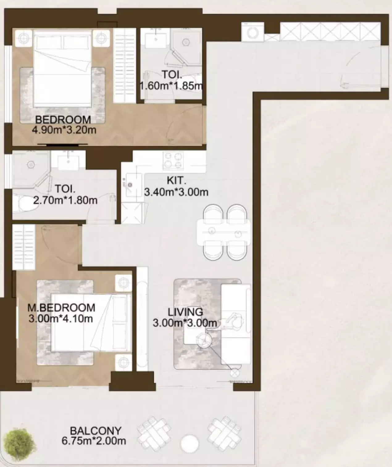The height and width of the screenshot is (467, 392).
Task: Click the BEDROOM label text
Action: tap(63, 119)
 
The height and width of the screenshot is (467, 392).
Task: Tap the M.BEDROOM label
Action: tap(61, 308)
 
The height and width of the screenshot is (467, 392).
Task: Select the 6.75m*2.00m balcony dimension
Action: tap(94, 441)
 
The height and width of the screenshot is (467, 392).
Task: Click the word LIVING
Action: tap(185, 312)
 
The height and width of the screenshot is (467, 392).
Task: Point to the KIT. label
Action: tap(176, 180)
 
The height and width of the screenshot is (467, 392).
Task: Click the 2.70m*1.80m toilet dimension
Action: tap(65, 200)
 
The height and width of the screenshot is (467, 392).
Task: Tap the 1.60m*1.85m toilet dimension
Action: tap(171, 85)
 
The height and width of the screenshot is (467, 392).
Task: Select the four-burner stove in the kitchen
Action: tap(173, 160)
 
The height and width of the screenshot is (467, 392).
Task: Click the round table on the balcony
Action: tap(189, 444)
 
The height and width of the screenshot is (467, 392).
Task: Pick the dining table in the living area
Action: tap(223, 231)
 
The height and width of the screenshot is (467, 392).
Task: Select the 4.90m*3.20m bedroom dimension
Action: tap(64, 130)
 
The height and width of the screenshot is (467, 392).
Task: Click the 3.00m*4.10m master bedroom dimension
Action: tap(61, 318)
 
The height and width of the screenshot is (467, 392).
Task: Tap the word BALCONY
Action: tap(96, 430)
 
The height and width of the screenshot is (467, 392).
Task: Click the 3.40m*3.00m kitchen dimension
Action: tap(176, 192)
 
